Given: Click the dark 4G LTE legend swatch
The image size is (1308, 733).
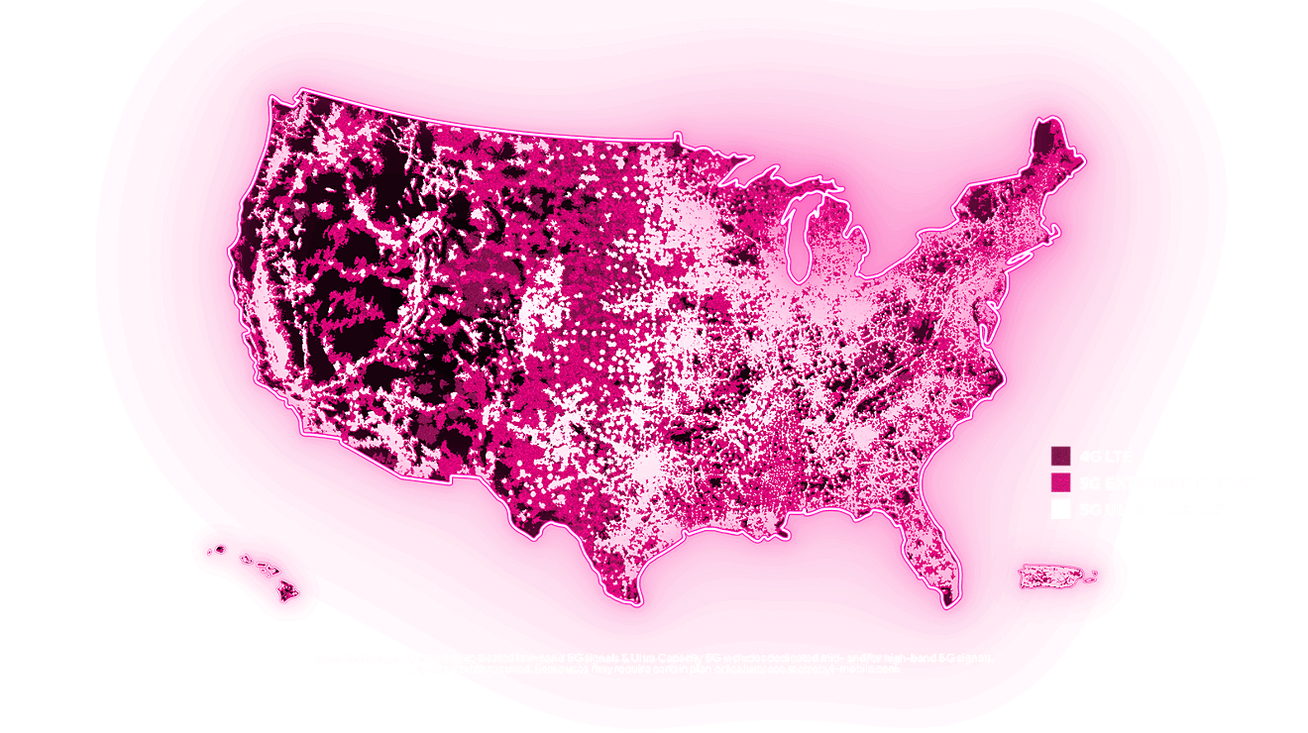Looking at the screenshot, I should [1060, 456].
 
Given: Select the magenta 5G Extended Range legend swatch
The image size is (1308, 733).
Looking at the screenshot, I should [1060, 482].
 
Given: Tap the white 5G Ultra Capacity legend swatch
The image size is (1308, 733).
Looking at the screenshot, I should [1060, 509].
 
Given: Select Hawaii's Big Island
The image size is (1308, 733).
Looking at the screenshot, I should [287, 591].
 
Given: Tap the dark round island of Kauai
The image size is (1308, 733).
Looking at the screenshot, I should [219, 549].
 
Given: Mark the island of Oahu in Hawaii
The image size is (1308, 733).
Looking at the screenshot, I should [245, 559].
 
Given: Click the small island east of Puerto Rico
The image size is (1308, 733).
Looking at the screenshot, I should [1091, 575].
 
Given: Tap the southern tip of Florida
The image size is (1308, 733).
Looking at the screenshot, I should [947, 600].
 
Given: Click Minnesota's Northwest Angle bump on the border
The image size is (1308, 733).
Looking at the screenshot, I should [677, 136].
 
